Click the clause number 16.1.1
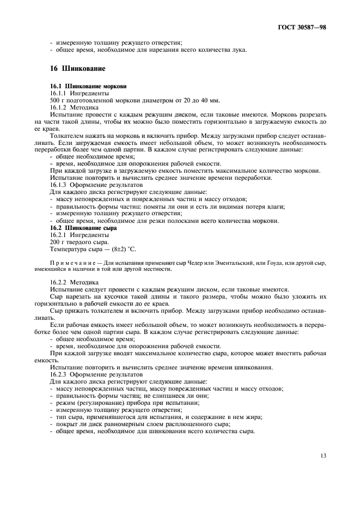point(59,94)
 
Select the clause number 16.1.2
point(59,108)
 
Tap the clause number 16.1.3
point(59,185)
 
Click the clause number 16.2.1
point(59,234)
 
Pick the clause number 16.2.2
point(59,282)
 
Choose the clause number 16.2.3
point(59,375)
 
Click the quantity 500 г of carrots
point(57,101)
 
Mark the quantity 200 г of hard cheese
point(57,241)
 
